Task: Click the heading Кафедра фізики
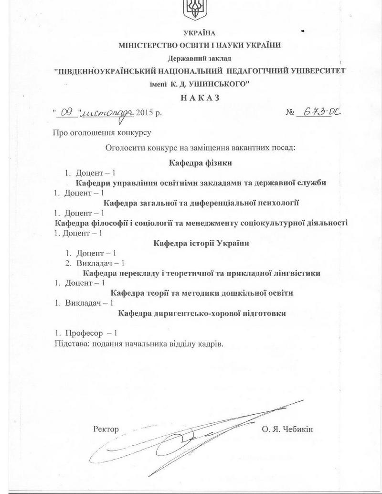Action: click(x=201, y=163)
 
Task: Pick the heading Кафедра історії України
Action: click(x=202, y=243)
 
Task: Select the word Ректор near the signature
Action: click(x=106, y=429)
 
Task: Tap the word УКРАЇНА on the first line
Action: click(x=200, y=33)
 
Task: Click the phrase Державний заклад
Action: click(x=199, y=59)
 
